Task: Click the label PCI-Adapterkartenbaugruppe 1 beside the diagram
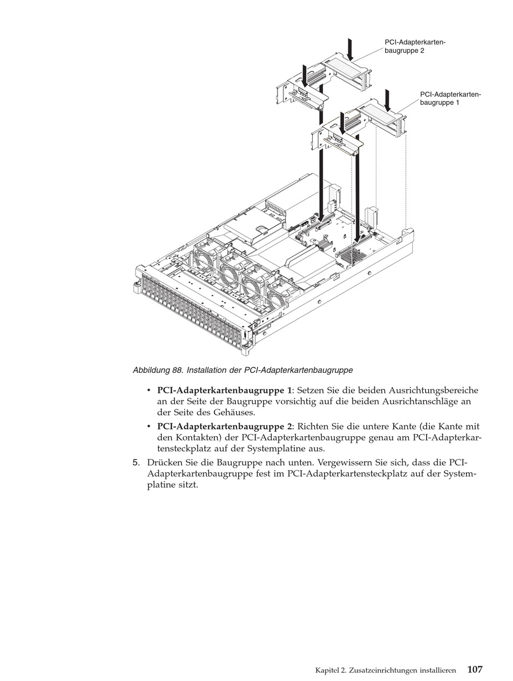(x=450, y=98)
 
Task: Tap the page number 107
(x=475, y=669)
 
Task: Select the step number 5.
(x=136, y=463)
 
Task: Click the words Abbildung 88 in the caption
(x=157, y=370)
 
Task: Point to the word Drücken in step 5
(x=165, y=463)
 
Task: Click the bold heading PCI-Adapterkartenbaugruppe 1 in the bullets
(x=224, y=390)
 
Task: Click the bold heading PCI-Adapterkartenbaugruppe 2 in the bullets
(x=224, y=426)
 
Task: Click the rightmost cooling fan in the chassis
(x=281, y=295)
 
